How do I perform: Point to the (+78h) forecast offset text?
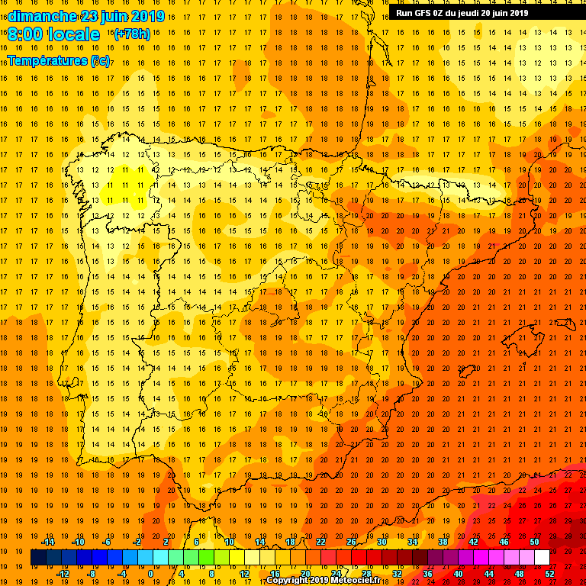point(132,34)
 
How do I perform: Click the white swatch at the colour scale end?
point(542,558)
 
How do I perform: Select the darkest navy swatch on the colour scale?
point(38,558)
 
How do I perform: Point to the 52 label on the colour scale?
point(549,574)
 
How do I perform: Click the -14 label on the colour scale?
point(47,542)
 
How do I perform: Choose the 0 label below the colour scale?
point(150,574)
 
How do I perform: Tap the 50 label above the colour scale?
point(534,542)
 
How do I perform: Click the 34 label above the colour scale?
point(412,542)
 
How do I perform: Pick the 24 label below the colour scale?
point(336,574)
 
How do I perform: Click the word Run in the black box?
point(404,13)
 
